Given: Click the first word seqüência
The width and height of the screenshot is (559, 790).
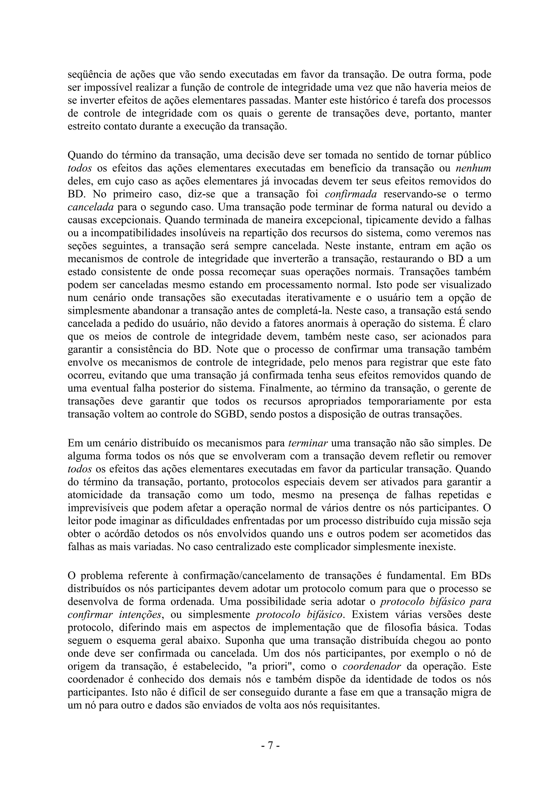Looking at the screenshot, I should [87, 75].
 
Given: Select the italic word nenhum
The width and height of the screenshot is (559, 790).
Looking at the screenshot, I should [473, 168].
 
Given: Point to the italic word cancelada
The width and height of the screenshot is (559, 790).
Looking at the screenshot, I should [91, 207].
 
